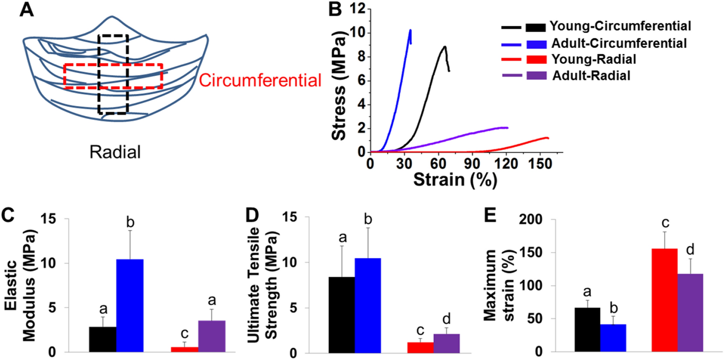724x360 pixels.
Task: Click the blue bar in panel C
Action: click(130, 305)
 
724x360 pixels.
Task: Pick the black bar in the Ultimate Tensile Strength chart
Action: click(341, 314)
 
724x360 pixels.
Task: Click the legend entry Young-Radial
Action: click(593, 59)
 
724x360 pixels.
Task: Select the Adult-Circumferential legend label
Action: click(619, 43)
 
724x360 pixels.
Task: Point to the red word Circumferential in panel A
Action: click(260, 80)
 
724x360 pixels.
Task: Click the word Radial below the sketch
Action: click(115, 152)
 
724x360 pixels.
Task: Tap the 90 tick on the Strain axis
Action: click(472, 164)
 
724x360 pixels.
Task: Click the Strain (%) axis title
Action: click(455, 180)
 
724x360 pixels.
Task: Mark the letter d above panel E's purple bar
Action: click(690, 250)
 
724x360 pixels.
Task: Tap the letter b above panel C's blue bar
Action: click(130, 222)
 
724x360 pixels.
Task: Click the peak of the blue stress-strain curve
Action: click(410, 30)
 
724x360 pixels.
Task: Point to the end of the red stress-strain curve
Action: click(548, 138)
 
